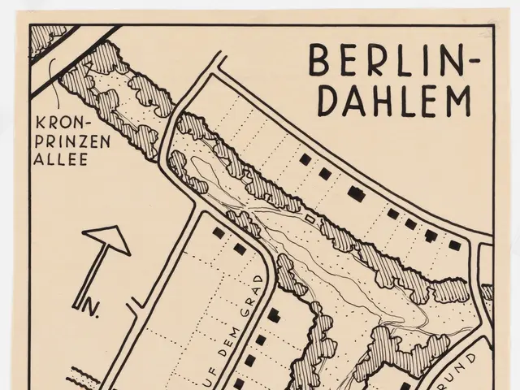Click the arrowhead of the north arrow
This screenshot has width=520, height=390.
click(107, 238)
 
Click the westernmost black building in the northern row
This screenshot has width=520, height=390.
click(305, 160)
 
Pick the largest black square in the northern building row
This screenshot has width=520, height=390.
click(355, 193)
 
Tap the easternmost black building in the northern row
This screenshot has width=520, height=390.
click(455, 245)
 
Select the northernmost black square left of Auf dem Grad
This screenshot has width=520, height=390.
click(219, 232)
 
